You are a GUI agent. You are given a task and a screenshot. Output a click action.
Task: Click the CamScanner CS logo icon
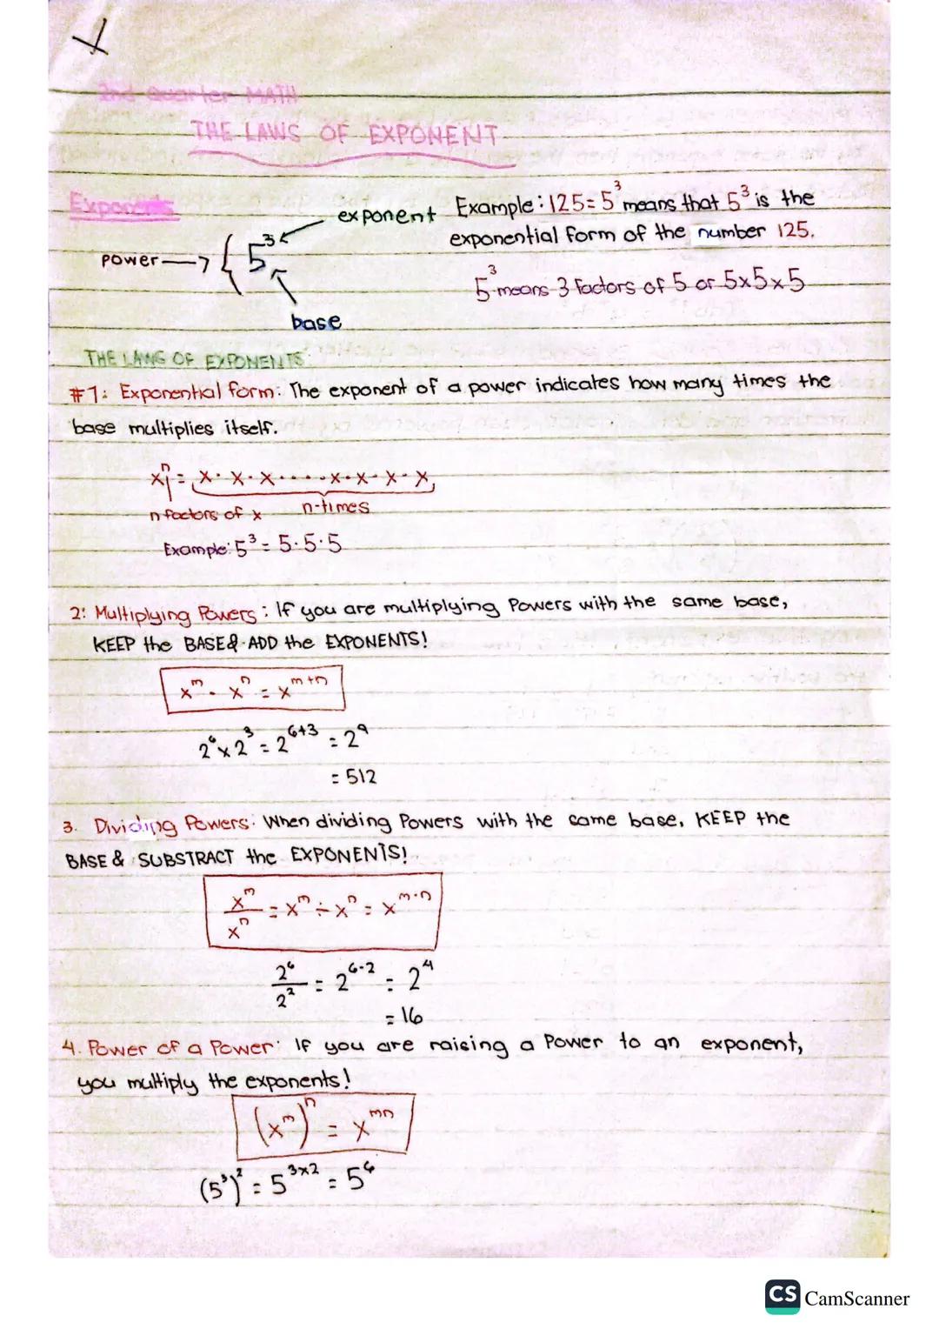pyautogui.click(x=782, y=1297)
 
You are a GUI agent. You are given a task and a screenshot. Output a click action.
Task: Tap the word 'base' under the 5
pyautogui.click(x=316, y=322)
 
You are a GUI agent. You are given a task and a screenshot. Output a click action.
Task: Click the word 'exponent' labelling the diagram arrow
pyautogui.click(x=386, y=214)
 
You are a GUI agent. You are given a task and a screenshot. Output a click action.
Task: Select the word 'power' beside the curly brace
pyautogui.click(x=130, y=259)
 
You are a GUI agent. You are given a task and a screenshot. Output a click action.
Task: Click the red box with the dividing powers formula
pyautogui.click(x=322, y=910)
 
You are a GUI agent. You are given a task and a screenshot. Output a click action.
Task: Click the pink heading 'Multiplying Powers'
pyautogui.click(x=173, y=613)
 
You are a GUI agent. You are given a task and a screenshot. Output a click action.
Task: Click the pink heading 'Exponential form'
pyautogui.click(x=198, y=391)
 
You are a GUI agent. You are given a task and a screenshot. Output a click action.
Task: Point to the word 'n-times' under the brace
pyautogui.click(x=336, y=507)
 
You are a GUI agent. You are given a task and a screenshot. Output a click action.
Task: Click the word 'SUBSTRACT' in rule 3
pyautogui.click(x=186, y=858)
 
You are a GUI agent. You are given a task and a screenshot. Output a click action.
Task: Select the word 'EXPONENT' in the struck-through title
pyautogui.click(x=433, y=137)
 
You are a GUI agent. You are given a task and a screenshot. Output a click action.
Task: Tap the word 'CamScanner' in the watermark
pyautogui.click(x=856, y=1299)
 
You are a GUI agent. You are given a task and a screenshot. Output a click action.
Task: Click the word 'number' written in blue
pyautogui.click(x=729, y=232)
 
